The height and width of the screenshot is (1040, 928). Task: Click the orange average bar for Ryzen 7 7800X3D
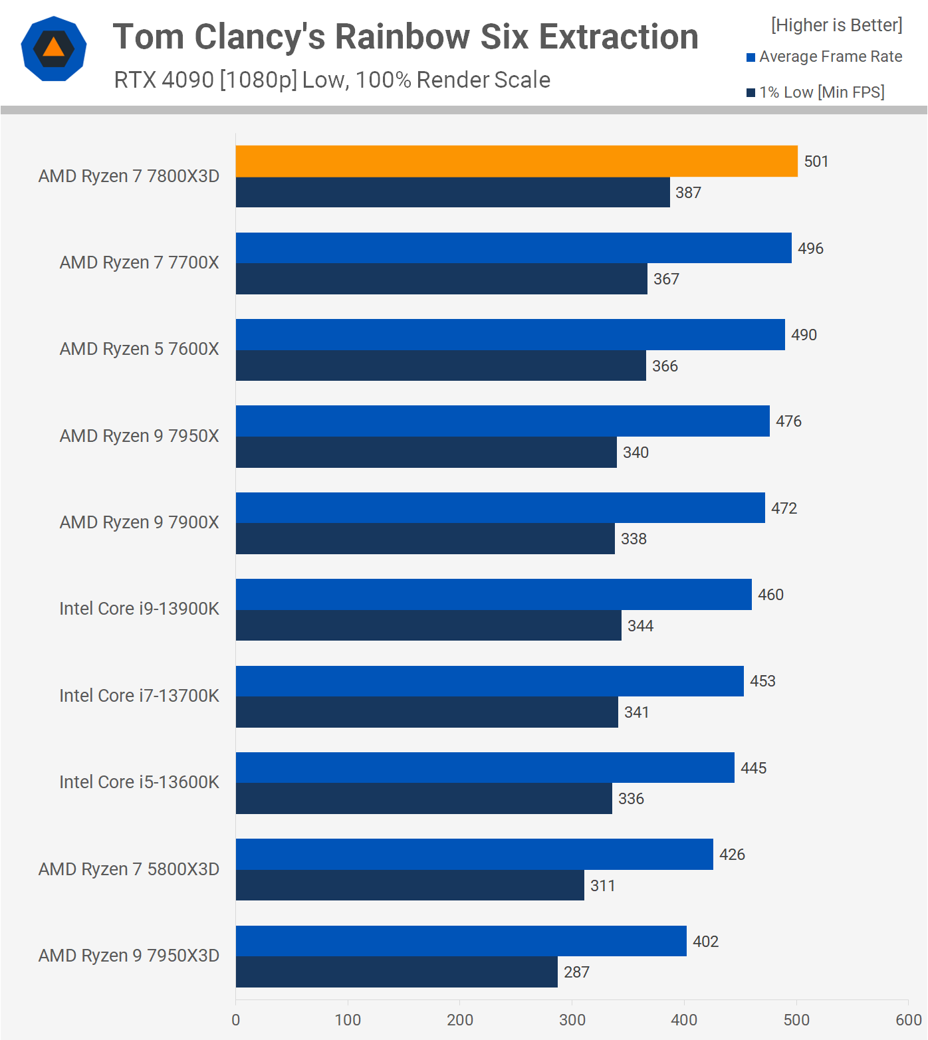point(517,161)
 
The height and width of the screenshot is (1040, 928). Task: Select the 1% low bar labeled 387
point(453,192)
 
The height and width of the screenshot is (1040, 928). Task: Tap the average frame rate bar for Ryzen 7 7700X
point(514,248)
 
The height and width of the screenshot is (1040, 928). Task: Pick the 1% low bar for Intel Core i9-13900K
point(429,625)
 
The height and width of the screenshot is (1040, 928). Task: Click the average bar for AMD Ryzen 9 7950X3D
point(461,941)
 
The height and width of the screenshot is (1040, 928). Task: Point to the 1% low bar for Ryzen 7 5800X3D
point(410,885)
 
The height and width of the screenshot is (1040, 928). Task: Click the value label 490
point(804,335)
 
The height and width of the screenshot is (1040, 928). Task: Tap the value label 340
point(636,453)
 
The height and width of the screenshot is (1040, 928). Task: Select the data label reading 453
point(762,681)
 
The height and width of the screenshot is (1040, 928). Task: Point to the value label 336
point(631,799)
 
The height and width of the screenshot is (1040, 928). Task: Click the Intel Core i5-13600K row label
point(139,782)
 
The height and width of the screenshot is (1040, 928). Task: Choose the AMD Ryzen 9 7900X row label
point(139,522)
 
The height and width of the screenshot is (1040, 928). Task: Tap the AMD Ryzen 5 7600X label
point(139,349)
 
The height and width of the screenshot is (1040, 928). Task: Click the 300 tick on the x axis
point(572,1020)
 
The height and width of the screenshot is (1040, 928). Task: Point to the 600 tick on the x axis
point(908,1020)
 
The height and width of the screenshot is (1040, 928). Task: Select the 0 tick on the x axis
point(236,1020)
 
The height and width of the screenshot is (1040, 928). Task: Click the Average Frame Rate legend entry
point(824,56)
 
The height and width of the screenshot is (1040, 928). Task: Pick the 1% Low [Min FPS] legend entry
point(816,92)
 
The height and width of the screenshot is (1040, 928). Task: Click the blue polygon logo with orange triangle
point(54,49)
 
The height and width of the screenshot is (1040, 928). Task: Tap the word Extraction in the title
point(619,37)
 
